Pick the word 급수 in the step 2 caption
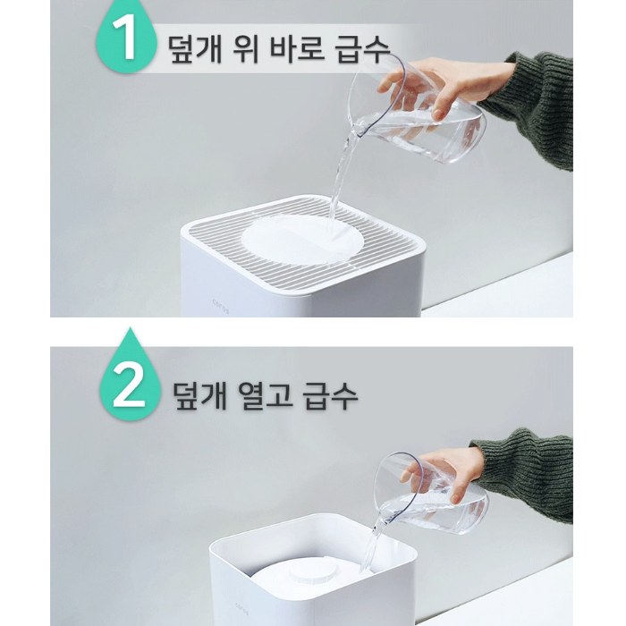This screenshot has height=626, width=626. pyautogui.click(x=328, y=393)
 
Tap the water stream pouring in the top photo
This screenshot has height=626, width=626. pyautogui.click(x=341, y=179)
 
